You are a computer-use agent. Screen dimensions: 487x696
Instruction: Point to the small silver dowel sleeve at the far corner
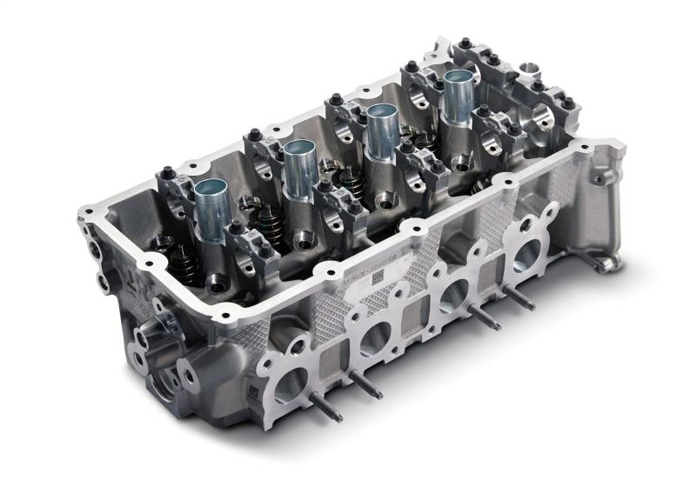click(528, 66)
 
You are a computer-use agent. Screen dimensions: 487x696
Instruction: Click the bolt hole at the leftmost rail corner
click(87, 210)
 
